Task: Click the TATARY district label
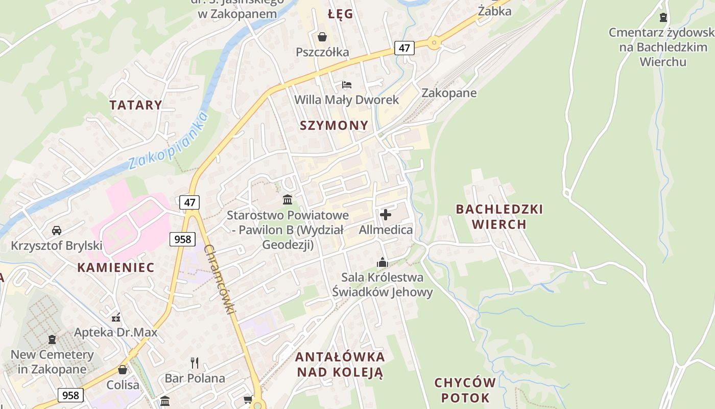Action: click(x=135, y=105)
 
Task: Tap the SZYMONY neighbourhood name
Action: click(x=334, y=126)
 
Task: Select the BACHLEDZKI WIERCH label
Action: click(x=499, y=217)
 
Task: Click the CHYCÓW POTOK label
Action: click(x=465, y=390)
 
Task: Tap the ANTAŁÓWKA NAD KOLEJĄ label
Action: click(x=340, y=364)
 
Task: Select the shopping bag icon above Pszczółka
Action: click(x=322, y=37)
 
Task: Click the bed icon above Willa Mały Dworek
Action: click(x=347, y=84)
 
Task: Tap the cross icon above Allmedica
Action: click(x=386, y=215)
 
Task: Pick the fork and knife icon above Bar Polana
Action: click(x=195, y=363)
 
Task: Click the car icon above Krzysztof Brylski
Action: click(x=57, y=231)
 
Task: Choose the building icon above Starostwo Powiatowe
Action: click(x=288, y=199)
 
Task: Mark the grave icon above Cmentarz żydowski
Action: click(x=663, y=17)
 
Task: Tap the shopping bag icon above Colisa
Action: click(x=123, y=370)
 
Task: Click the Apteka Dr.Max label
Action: click(x=116, y=332)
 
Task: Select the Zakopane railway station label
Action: click(x=449, y=93)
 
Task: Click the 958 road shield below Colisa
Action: click(x=70, y=395)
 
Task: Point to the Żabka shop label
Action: click(x=494, y=11)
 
